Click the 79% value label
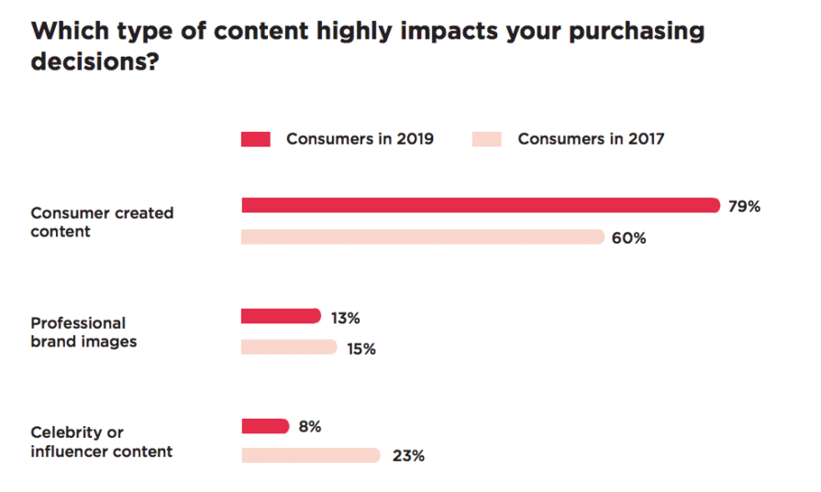tap(744, 207)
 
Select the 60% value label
tap(629, 238)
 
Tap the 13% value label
tap(346, 318)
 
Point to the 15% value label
tap(361, 349)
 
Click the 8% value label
tap(309, 427)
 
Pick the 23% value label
tap(407, 456)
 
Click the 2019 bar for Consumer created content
tap(480, 206)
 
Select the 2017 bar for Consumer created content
tap(422, 237)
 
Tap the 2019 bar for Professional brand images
tap(281, 317)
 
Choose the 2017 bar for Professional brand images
tap(289, 347)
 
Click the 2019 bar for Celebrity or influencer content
tap(265, 426)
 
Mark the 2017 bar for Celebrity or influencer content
tap(310, 455)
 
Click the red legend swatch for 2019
tap(256, 140)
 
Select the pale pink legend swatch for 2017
tap(487, 140)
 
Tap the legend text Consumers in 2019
tap(360, 140)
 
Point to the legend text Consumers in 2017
tap(591, 140)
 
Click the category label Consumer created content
tap(102, 223)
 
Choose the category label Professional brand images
tap(83, 333)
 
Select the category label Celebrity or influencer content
tap(101, 442)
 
